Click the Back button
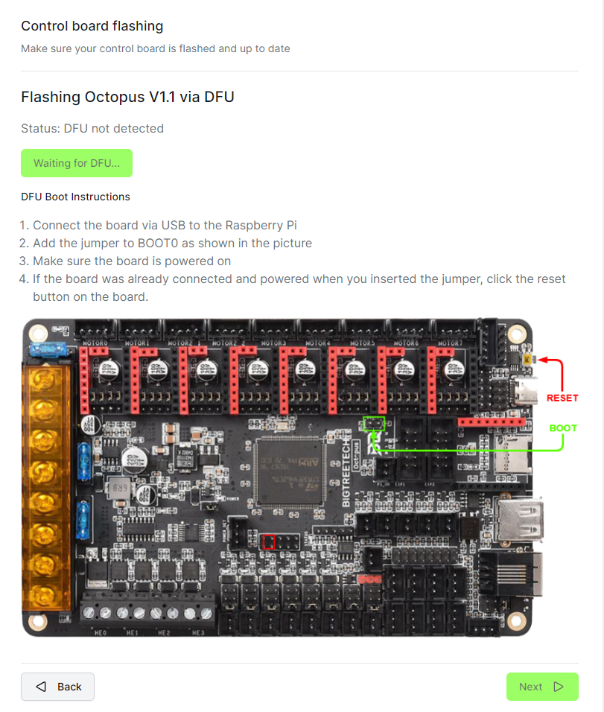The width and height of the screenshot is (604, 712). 57,687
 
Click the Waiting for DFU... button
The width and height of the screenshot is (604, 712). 77,163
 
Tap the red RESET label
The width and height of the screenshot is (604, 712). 562,398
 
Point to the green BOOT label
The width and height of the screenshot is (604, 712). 563,428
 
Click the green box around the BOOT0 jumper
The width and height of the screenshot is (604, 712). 373,424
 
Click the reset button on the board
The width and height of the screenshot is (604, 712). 528,360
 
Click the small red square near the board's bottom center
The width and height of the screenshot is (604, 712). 269,541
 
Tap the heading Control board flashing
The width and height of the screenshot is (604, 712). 92,26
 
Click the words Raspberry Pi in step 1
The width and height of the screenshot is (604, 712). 259,225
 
